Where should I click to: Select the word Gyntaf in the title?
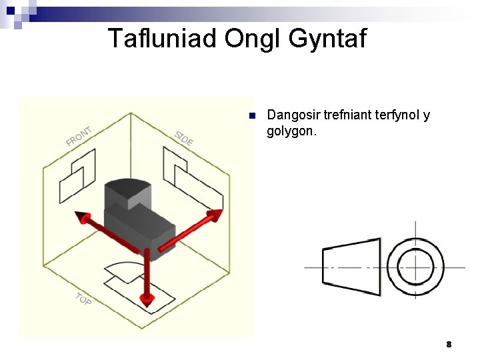pyautogui.click(x=328, y=39)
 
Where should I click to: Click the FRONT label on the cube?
pyautogui.click(x=79, y=136)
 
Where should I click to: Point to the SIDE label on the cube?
pyautogui.click(x=184, y=138)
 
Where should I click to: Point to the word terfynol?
pyautogui.click(x=399, y=115)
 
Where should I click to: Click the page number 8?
pyautogui.click(x=449, y=345)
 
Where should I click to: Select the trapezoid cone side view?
pyautogui.click(x=351, y=267)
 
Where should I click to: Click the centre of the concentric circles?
pyautogui.click(x=415, y=267)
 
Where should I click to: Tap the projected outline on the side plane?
pyautogui.click(x=190, y=173)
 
